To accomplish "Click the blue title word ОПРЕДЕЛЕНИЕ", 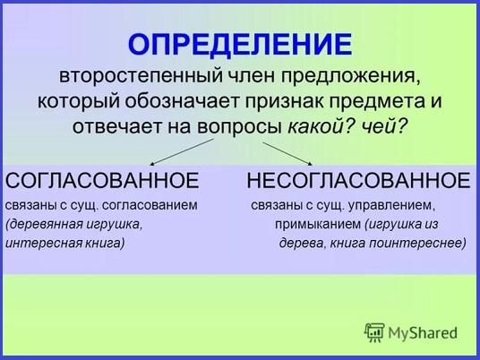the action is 240,45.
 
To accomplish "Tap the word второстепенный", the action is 141,76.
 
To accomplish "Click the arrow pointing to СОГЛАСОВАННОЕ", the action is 182,152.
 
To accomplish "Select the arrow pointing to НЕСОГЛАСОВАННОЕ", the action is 287,154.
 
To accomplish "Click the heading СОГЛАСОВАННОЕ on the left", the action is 102,180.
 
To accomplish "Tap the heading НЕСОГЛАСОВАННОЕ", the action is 358,180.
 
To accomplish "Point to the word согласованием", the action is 150,205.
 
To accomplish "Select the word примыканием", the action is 318,225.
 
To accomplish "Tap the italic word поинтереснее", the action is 417,244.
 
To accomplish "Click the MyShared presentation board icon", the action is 374,332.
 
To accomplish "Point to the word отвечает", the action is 116,126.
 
